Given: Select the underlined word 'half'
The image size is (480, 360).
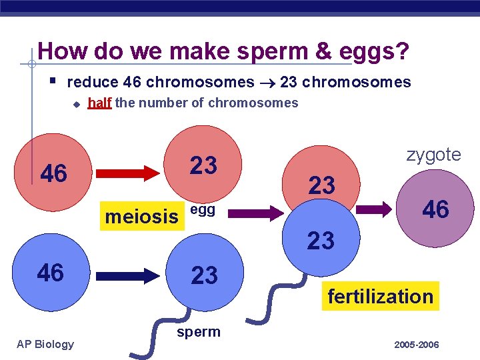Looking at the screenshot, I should point(99,103).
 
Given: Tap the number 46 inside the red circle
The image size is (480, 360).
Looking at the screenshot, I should point(54,173).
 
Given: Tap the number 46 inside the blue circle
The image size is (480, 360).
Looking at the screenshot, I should point(51,272).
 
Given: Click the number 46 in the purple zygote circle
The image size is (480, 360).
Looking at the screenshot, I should point(436,209).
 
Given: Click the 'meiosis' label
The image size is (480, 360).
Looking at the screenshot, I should point(142,217).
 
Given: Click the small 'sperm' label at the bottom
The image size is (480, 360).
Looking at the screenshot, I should point(198,332).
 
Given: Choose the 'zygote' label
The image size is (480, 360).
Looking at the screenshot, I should point(433,155).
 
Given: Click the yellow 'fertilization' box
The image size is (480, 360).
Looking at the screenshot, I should point(380,296).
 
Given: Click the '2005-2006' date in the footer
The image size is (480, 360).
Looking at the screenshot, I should point(417,345).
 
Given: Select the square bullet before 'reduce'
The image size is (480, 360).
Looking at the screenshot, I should point(53,81).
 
